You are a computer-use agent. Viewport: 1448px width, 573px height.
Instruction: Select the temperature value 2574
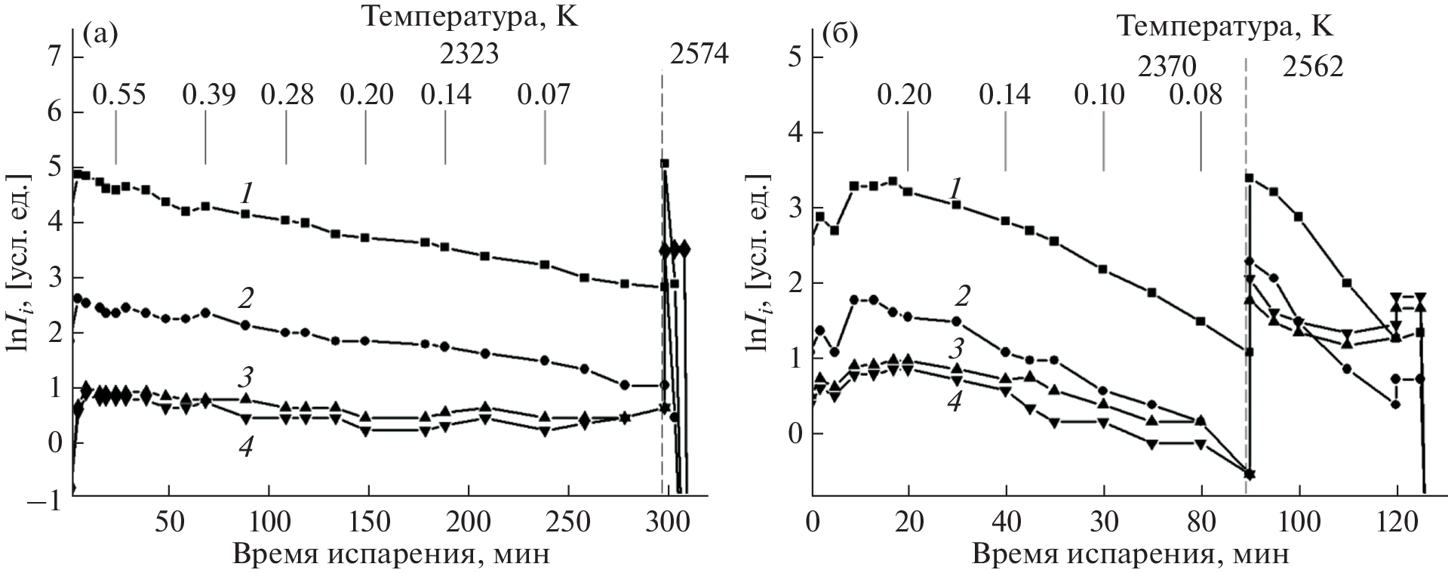698,54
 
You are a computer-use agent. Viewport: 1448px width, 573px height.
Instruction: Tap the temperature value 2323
469,54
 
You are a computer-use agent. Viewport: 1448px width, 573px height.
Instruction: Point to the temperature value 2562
1314,68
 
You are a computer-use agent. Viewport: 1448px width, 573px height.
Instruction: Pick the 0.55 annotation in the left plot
119,95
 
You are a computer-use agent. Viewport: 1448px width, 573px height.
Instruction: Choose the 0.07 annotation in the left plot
544,95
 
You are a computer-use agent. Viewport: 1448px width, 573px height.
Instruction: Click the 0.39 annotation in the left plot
209,95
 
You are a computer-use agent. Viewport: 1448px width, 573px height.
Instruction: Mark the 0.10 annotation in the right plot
1098,95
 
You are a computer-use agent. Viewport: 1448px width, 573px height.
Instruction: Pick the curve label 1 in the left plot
247,194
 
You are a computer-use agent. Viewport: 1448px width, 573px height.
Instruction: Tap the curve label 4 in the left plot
245,447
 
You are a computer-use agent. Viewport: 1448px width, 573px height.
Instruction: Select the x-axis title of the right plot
1129,555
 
